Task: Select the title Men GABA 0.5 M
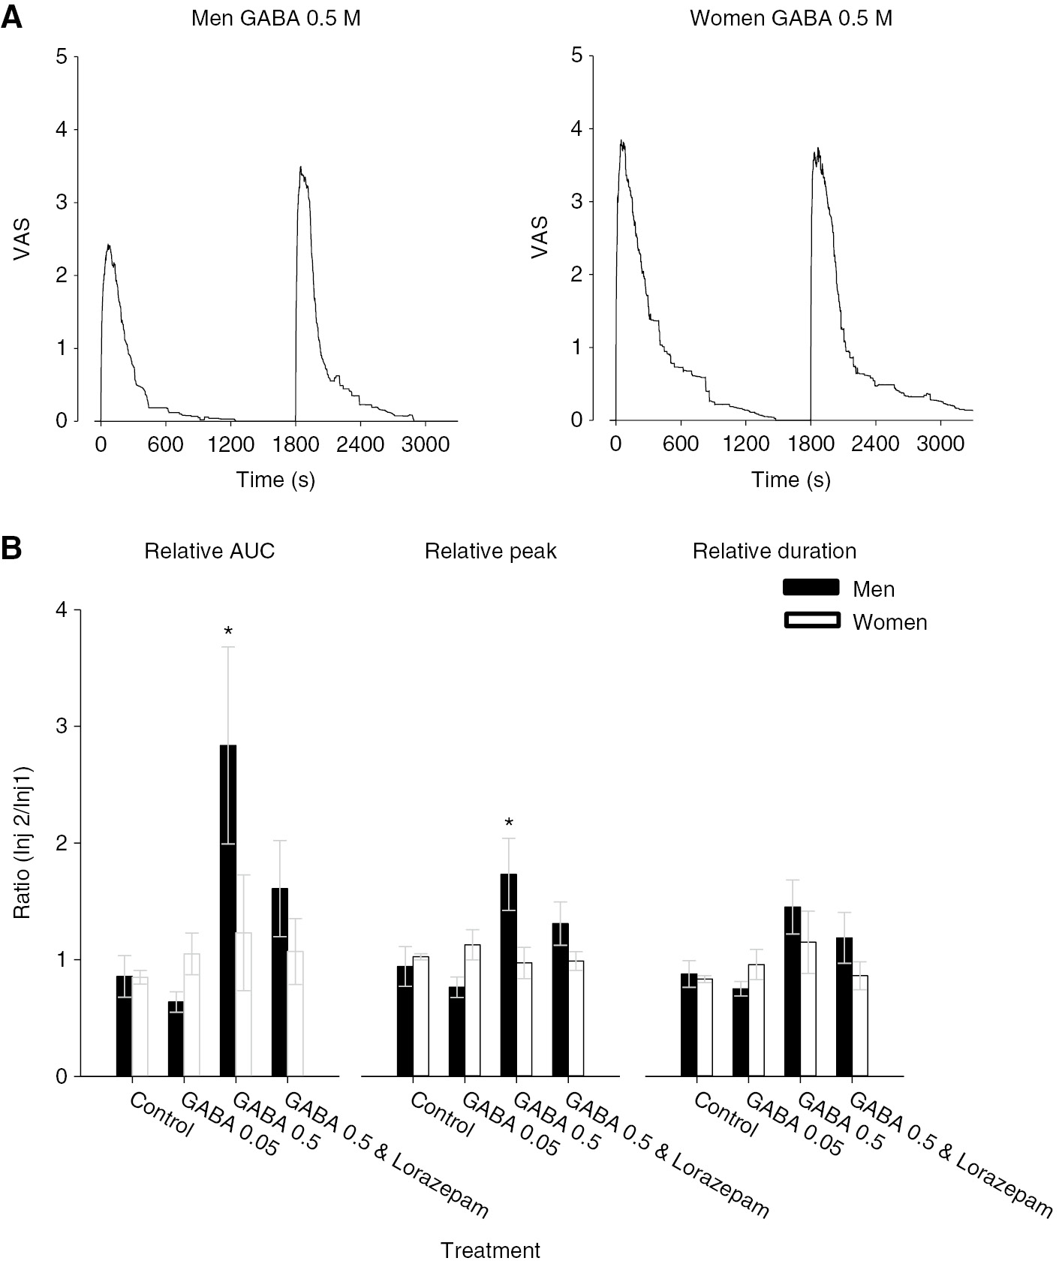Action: [275, 18]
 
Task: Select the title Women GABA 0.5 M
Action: [791, 18]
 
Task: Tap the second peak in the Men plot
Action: [300, 168]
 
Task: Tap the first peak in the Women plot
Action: [621, 141]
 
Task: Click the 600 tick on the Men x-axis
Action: [165, 444]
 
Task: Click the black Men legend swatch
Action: [811, 587]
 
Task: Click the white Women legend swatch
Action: [811, 620]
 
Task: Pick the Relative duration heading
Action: [774, 551]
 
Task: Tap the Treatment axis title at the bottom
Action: [490, 1250]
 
